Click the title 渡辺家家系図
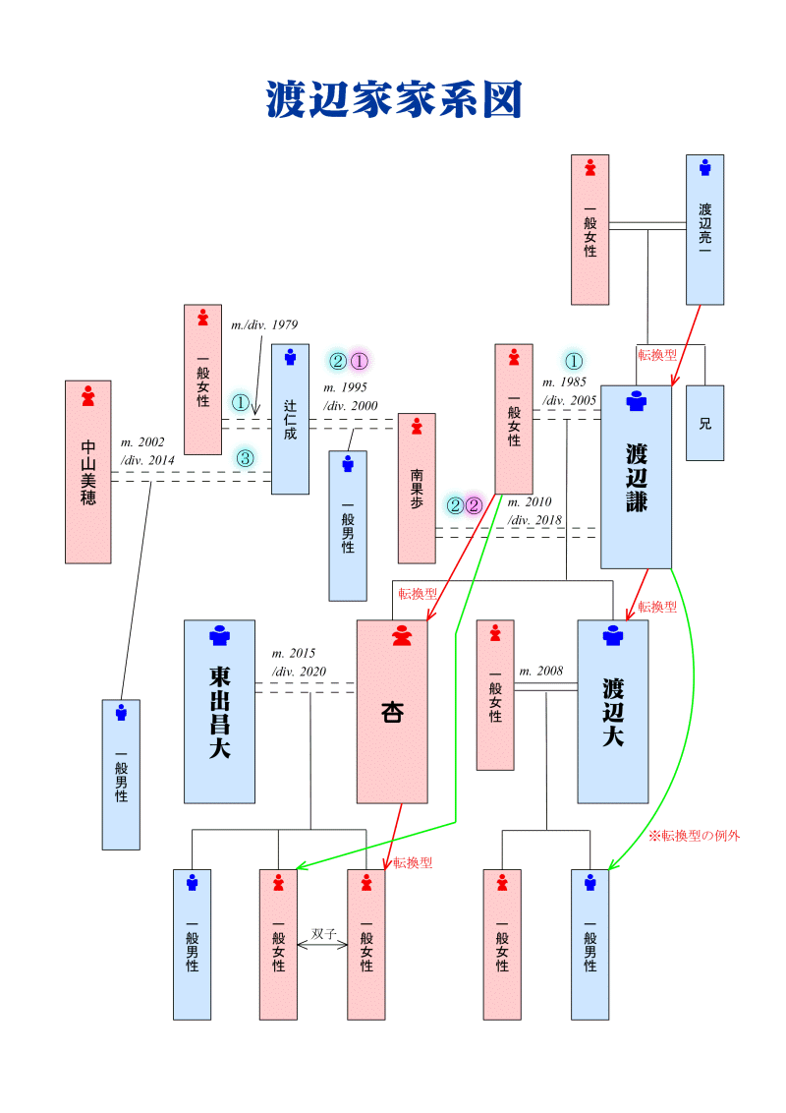pyautogui.click(x=393, y=100)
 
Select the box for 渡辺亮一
pyautogui.click(x=704, y=229)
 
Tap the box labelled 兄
pyautogui.click(x=704, y=423)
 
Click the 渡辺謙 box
pyautogui.click(x=636, y=477)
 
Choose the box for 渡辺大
pyautogui.click(x=613, y=711)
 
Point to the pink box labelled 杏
pyautogui.click(x=392, y=711)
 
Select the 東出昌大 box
pyautogui.click(x=219, y=711)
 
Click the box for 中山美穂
pyautogui.click(x=88, y=472)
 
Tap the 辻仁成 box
pyautogui.click(x=290, y=419)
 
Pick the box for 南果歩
pyautogui.click(x=417, y=488)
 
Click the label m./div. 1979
pyautogui.click(x=264, y=324)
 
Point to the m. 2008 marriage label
pyautogui.click(x=541, y=672)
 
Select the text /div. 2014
pyautogui.click(x=147, y=460)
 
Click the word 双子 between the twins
pyautogui.click(x=323, y=933)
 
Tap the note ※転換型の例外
pyautogui.click(x=694, y=836)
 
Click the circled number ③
pyautogui.click(x=245, y=458)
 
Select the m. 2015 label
pyautogui.click(x=293, y=654)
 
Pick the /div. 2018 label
pyautogui.click(x=534, y=519)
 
